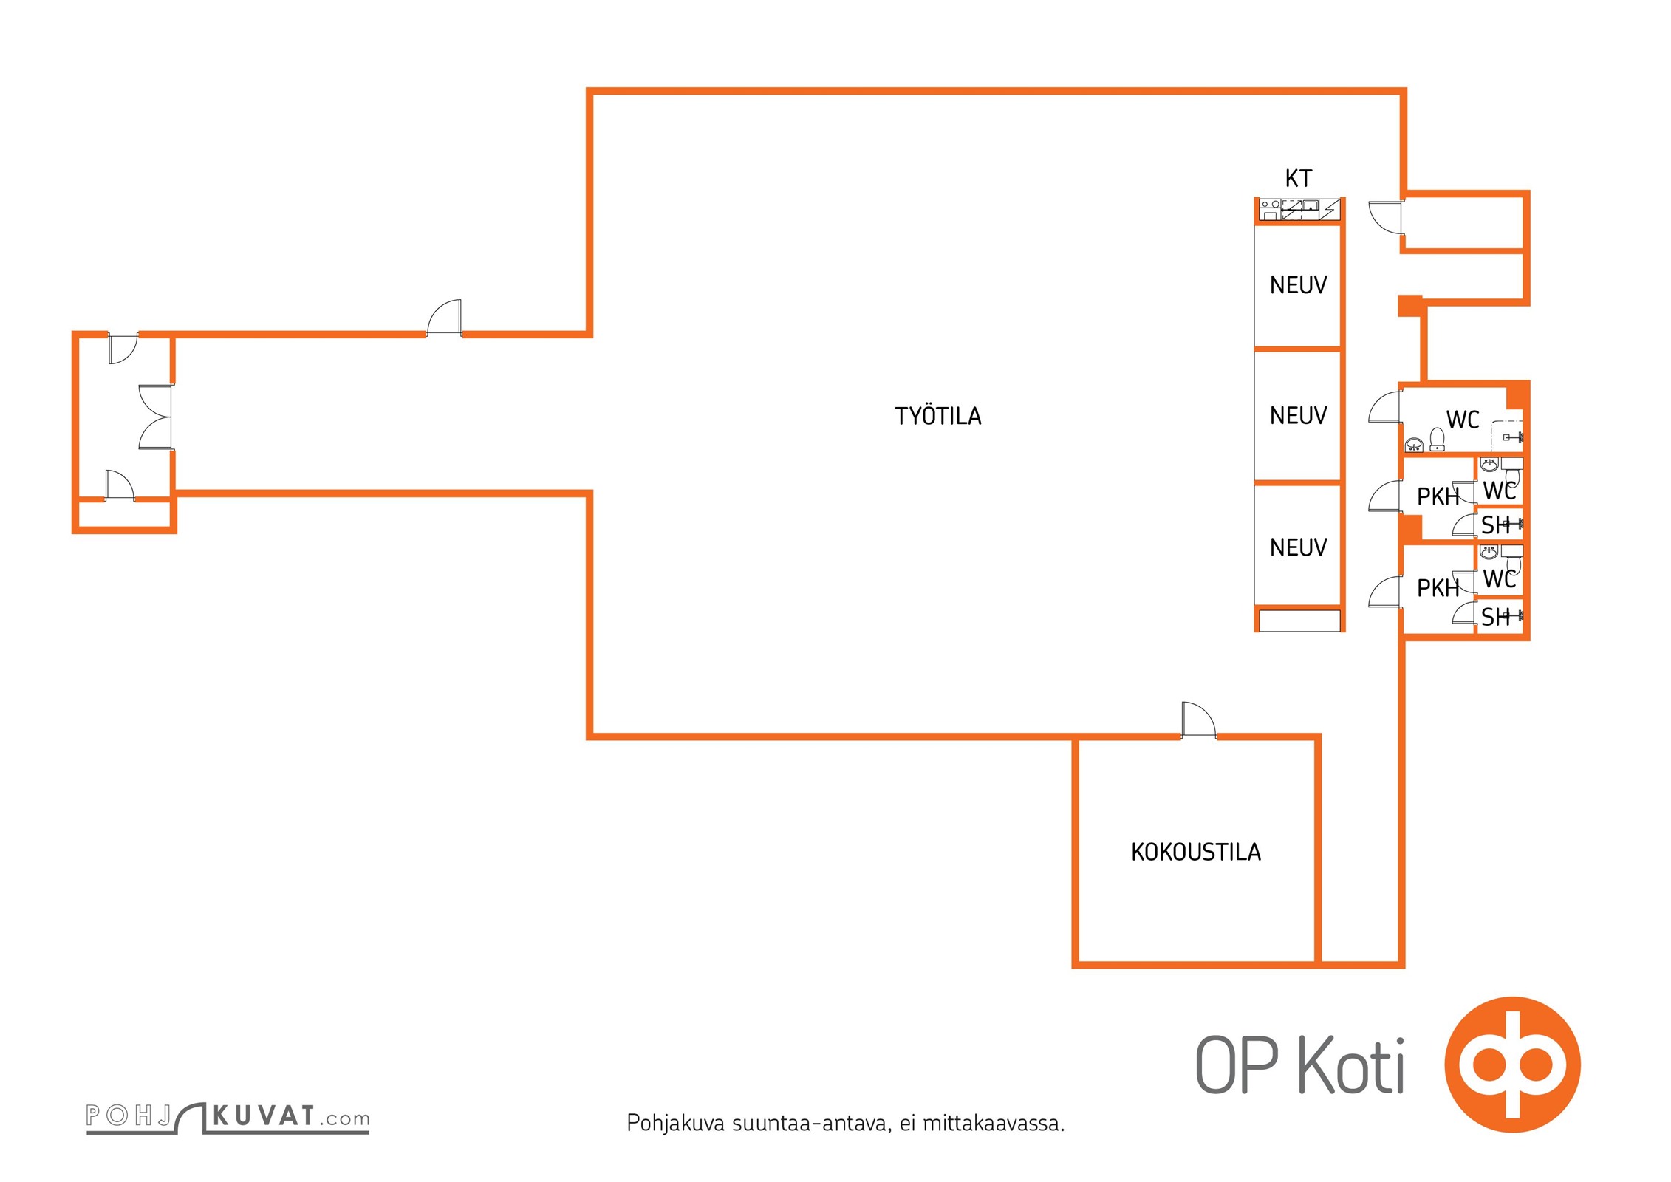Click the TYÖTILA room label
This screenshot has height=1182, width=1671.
(937, 416)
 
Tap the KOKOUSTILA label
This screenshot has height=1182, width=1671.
(1195, 852)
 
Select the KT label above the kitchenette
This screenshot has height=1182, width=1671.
(1298, 178)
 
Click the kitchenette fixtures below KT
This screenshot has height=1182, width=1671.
(1299, 209)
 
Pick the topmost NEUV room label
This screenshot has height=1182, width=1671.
(1298, 285)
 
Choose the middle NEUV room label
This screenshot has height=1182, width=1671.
(1298, 416)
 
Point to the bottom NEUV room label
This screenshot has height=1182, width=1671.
(1298, 547)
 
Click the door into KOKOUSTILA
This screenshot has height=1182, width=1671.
(1197, 720)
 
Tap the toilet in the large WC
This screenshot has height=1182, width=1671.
(1437, 439)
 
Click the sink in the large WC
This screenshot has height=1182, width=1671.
(1414, 444)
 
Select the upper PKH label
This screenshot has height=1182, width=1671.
(1438, 497)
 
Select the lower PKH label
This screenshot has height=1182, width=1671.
(1438, 588)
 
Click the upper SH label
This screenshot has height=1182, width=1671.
(1495, 525)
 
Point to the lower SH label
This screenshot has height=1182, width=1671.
(1495, 617)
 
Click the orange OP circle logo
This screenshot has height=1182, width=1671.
(1512, 1064)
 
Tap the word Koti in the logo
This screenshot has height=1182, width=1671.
(1350, 1065)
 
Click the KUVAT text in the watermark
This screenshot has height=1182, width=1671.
(264, 1116)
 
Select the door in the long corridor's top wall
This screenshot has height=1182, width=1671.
(445, 318)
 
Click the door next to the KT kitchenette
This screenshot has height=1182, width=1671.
(1386, 217)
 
